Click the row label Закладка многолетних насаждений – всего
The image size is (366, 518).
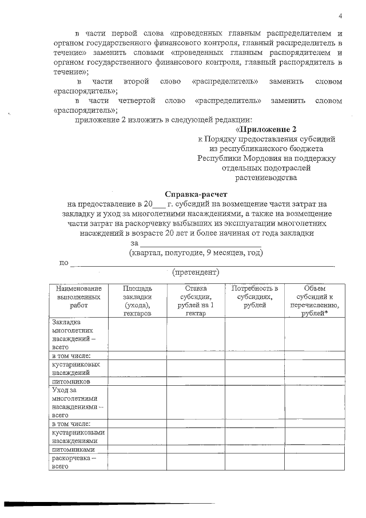73,334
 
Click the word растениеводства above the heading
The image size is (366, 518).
266,177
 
